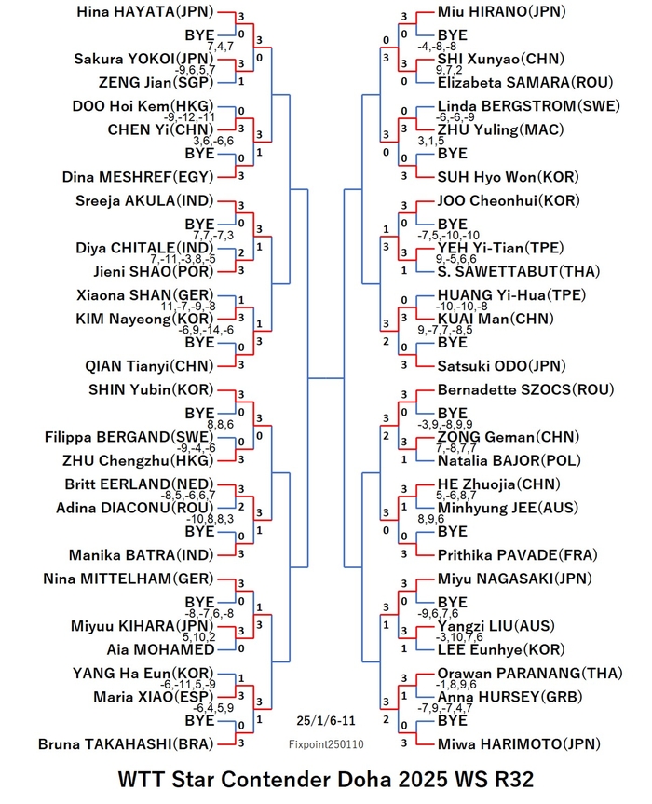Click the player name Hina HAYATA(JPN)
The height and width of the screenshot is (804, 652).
(x=145, y=12)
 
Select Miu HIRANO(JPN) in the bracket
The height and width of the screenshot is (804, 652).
(x=501, y=12)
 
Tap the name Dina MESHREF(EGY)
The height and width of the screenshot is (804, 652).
(x=138, y=177)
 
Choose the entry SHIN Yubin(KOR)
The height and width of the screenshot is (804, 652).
(x=151, y=390)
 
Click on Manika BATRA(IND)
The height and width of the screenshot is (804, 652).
(x=142, y=555)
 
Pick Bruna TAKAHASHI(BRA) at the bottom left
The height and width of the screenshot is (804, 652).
(x=126, y=744)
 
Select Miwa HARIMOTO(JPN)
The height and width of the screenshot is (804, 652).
(x=519, y=744)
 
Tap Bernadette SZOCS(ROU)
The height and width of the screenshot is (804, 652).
(x=525, y=390)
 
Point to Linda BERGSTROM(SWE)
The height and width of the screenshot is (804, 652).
(x=528, y=106)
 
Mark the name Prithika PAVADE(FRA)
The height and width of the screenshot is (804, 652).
(x=518, y=555)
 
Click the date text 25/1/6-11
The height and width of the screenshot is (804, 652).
(x=326, y=720)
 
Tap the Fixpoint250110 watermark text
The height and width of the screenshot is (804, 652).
(x=326, y=744)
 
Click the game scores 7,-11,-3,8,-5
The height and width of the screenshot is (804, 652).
(x=183, y=259)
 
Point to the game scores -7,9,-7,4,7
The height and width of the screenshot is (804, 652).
(x=445, y=709)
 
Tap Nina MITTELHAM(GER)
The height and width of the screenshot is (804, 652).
(x=129, y=579)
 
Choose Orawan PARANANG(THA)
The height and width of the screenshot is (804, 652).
(x=530, y=674)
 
